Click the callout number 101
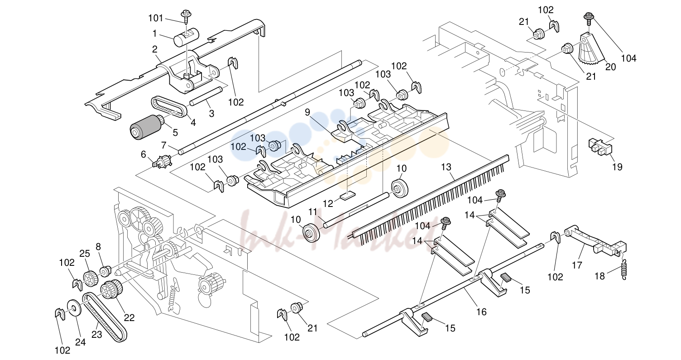tap(156, 18)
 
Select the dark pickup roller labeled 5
tap(147, 127)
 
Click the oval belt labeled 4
tap(169, 107)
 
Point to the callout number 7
tap(164, 145)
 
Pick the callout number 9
tap(307, 112)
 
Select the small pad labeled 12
tap(347, 196)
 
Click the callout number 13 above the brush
tap(446, 167)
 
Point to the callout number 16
tap(482, 312)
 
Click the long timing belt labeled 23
tap(105, 317)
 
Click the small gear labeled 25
tap(90, 278)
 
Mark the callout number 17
tap(577, 265)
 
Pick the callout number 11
tap(313, 212)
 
